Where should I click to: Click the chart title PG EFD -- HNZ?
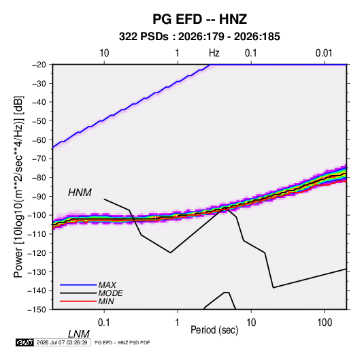pyautogui.click(x=199, y=19)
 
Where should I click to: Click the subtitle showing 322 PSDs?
pyautogui.click(x=199, y=37)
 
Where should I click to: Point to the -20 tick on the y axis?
pyautogui.click(x=39, y=65)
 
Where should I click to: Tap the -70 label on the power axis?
pyautogui.click(x=39, y=159)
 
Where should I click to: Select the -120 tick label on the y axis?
pyautogui.click(x=37, y=252)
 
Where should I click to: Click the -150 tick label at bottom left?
pyautogui.click(x=37, y=310)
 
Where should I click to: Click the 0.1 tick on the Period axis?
pyautogui.click(x=104, y=323)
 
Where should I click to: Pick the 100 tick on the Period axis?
pyautogui.click(x=325, y=323)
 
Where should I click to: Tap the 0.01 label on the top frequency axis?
pyautogui.click(x=324, y=53)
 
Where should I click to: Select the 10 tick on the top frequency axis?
pyautogui.click(x=104, y=53)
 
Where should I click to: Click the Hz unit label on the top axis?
pyautogui.click(x=214, y=53)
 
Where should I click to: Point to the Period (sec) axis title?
pyautogui.click(x=214, y=330)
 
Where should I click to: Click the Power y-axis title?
pyautogui.click(x=18, y=186)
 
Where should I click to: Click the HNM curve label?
pyautogui.click(x=80, y=193)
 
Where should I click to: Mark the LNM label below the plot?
pyautogui.click(x=79, y=334)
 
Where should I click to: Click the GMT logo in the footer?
pyautogui.click(x=24, y=342)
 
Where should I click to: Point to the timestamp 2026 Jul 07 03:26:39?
pyautogui.click(x=62, y=342)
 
